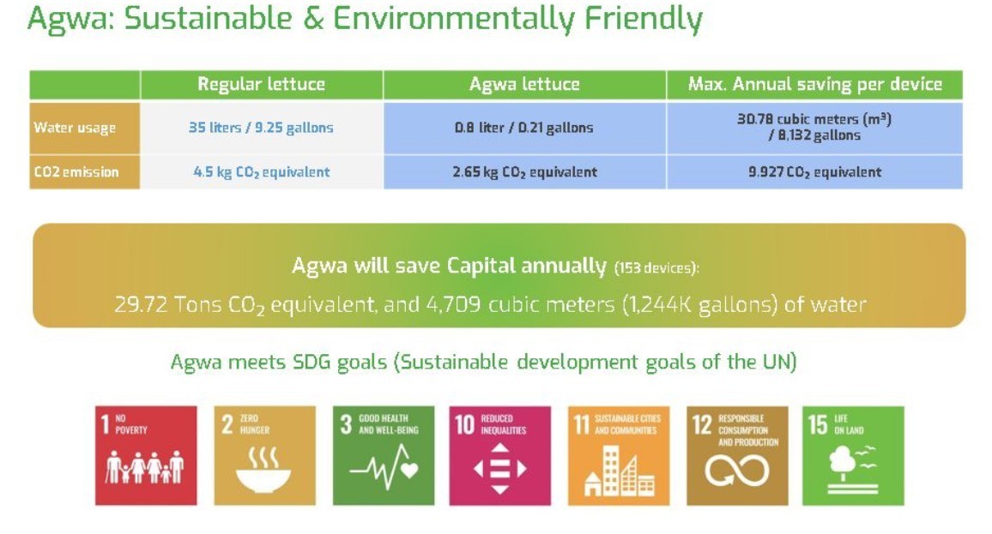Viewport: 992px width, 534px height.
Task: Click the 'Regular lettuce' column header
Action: (x=261, y=84)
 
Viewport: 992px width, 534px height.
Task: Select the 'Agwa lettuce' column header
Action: (x=524, y=84)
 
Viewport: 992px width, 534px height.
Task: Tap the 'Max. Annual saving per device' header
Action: (x=815, y=84)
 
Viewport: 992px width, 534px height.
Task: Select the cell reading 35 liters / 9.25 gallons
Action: (x=261, y=128)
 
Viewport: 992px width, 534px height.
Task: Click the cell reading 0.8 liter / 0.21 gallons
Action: (x=524, y=128)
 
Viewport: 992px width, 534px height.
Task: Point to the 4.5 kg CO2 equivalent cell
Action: (x=261, y=172)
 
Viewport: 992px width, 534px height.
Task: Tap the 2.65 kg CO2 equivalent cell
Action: (x=524, y=172)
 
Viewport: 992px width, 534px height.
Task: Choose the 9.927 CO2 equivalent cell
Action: (x=815, y=172)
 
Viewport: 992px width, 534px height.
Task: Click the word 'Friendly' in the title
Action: (x=644, y=19)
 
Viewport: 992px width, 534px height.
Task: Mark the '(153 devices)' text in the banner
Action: (x=656, y=268)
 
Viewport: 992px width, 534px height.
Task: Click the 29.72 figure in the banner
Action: (x=141, y=304)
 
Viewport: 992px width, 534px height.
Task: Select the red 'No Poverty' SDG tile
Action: (x=146, y=456)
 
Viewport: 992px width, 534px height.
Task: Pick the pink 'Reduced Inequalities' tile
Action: (x=499, y=456)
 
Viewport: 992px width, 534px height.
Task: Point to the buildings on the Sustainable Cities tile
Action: (x=620, y=471)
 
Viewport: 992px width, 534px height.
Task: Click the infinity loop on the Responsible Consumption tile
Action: (x=737, y=471)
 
